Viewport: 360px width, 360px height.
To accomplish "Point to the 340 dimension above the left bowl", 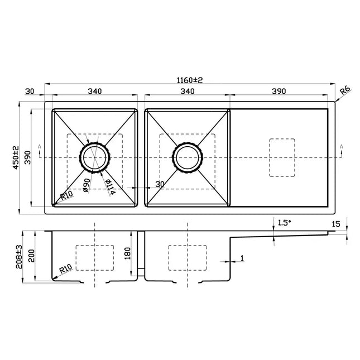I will point(94,91).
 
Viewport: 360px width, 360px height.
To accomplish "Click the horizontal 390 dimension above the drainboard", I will point(279,91).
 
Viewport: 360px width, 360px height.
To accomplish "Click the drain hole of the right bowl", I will point(186,157).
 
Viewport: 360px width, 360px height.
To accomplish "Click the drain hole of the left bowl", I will point(94,157).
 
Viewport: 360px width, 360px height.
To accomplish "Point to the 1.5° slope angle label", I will point(285,223).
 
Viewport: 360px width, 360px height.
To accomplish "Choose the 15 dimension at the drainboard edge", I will point(335,224).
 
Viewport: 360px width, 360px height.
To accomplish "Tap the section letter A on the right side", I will point(341,147).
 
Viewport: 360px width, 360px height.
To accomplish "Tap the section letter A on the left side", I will point(39,147).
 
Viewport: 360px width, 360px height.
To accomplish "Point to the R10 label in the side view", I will point(65,270).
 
